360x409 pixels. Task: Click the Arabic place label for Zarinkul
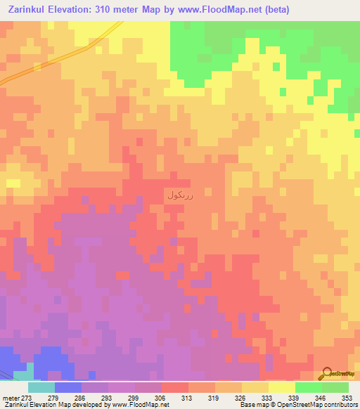click(x=180, y=195)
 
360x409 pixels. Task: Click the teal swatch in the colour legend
click(x=41, y=387)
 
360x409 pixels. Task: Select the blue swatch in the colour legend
click(x=68, y=387)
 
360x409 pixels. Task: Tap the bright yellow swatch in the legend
click(x=281, y=387)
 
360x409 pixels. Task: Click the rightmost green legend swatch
click(x=335, y=387)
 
